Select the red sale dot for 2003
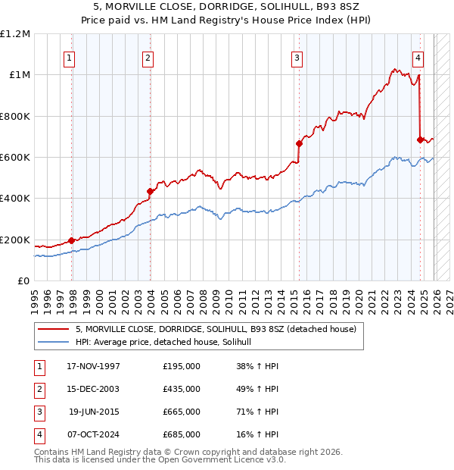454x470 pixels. pos(150,192)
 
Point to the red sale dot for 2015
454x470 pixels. pos(299,143)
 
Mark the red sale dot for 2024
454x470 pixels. pos(420,139)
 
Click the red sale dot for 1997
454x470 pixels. pos(72,240)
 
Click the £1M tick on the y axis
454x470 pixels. pos(20,75)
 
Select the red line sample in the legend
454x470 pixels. pos(54,329)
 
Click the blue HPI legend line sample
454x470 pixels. pos(54,342)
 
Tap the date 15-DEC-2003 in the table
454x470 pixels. pos(93,389)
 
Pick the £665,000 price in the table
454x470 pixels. pos(182,412)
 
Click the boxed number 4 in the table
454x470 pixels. pos(39,434)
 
